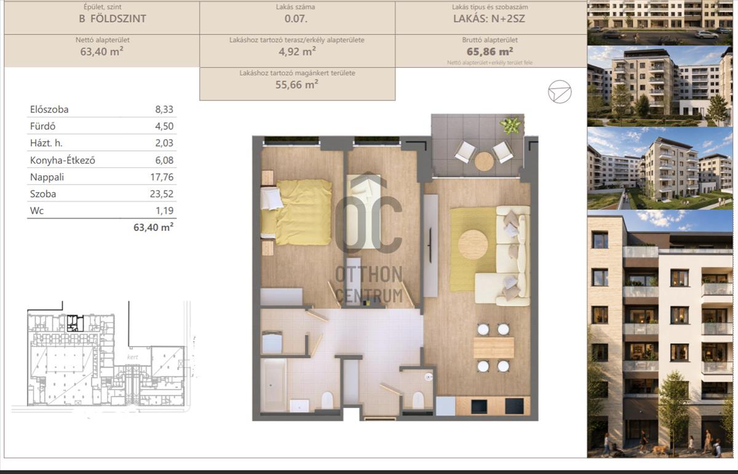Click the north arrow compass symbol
click(560, 92)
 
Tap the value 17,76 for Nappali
click(162, 177)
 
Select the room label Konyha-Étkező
click(63, 160)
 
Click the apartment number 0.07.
click(296, 18)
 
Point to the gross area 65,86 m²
click(490, 52)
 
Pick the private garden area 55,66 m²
click(297, 84)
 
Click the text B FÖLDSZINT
click(113, 18)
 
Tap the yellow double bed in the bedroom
click(296, 212)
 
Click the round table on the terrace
click(485, 161)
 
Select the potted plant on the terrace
click(510, 126)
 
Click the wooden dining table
click(493, 348)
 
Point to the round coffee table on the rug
click(473, 244)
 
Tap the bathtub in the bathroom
click(274, 385)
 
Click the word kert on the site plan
click(132, 357)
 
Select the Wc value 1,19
click(164, 211)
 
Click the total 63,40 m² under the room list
click(153, 228)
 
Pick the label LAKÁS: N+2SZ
click(490, 18)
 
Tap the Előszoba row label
click(49, 110)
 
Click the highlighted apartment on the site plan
click(75, 323)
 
